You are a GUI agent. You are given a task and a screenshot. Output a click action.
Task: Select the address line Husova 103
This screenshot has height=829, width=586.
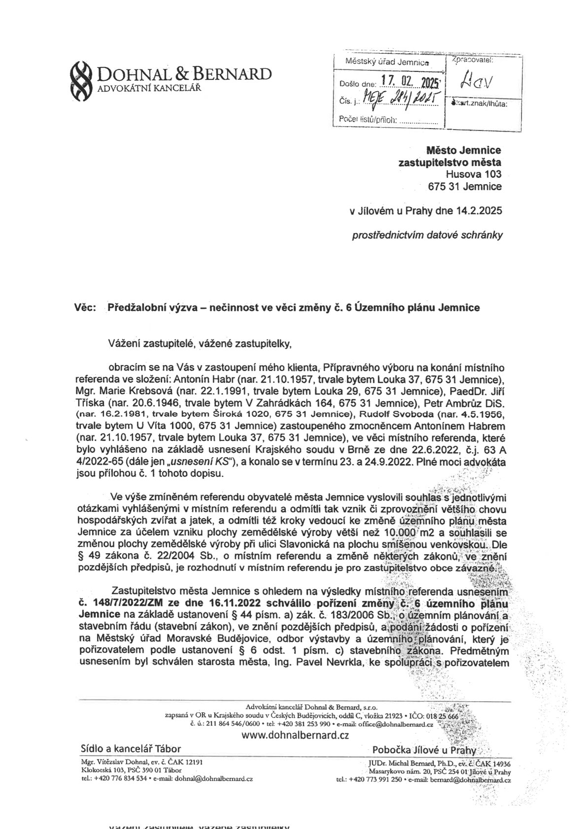coord(473,174)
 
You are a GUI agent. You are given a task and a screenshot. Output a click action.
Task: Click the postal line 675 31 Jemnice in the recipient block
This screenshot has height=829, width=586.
coord(465,187)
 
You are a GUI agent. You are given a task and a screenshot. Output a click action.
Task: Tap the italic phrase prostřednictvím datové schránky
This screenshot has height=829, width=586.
coord(427,235)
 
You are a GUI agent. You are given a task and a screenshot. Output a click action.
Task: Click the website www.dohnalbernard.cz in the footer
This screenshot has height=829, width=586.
coord(293,735)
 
